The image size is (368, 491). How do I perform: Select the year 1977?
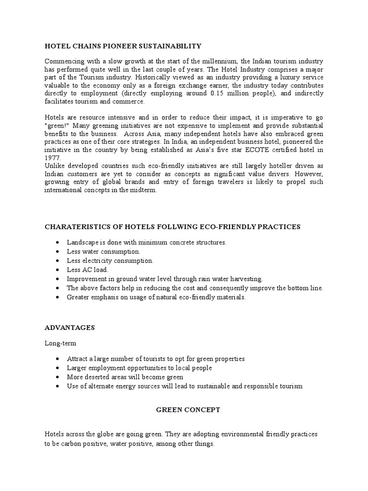click(x=52, y=157)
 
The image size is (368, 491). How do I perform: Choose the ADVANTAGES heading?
click(x=69, y=327)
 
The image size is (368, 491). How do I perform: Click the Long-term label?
click(x=60, y=343)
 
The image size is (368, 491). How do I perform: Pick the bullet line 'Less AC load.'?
click(x=88, y=269)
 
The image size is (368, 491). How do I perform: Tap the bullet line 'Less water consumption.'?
click(x=103, y=251)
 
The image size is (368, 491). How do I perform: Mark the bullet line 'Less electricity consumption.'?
click(x=110, y=260)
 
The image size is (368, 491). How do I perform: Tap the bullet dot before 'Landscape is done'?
click(x=58, y=243)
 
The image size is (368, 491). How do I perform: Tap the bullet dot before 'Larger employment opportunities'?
click(x=58, y=368)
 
